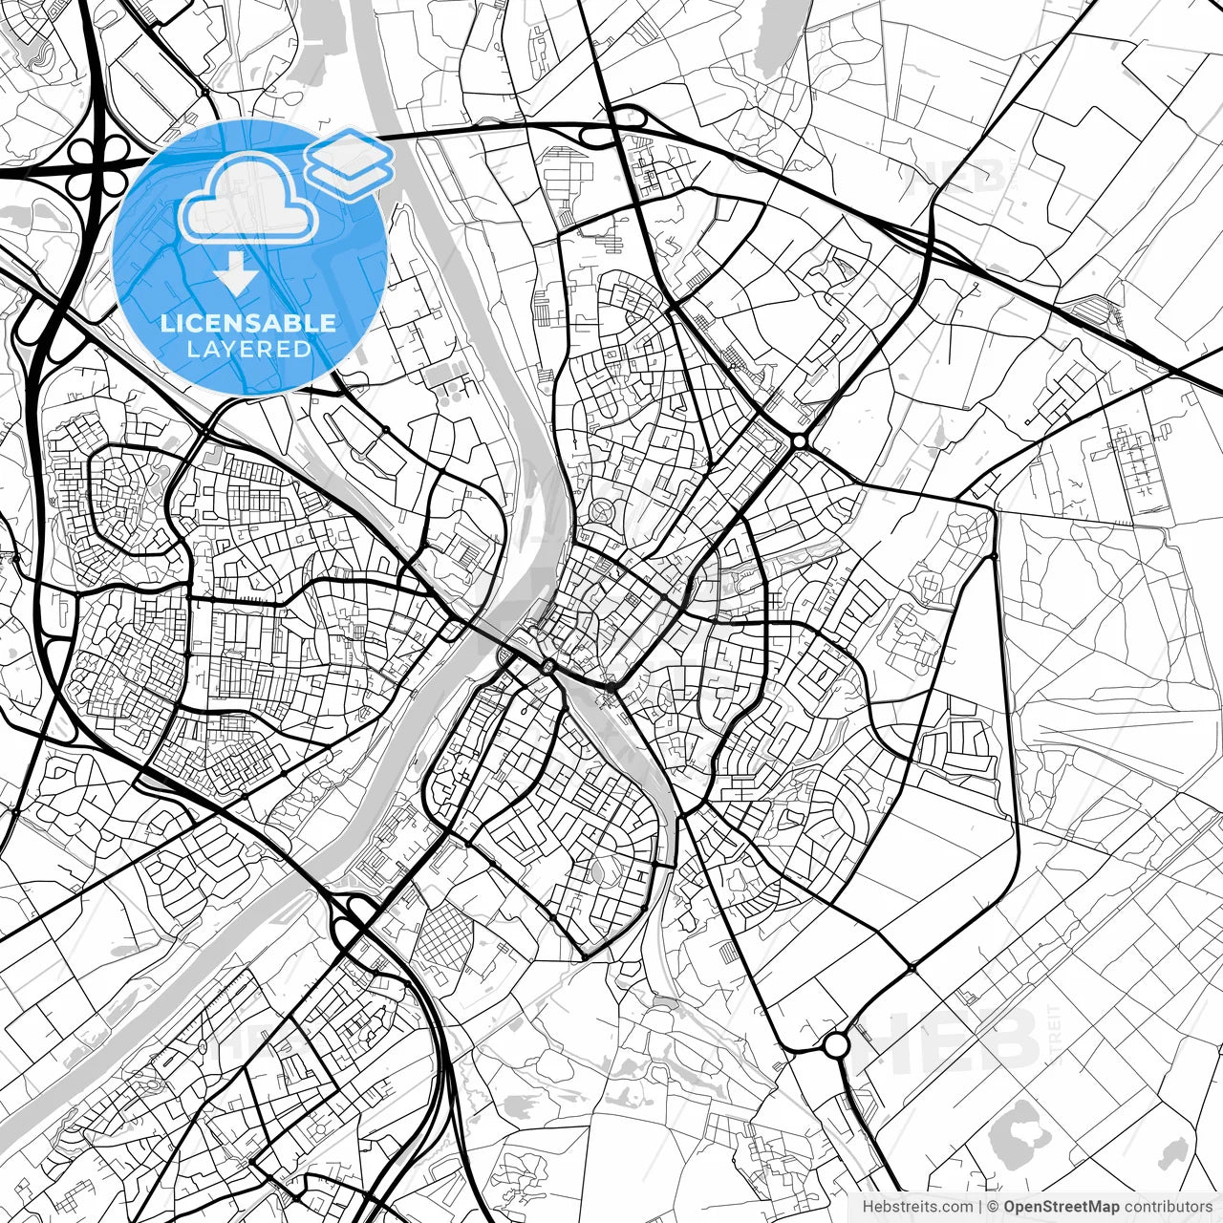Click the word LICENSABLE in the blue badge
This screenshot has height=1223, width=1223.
(x=248, y=323)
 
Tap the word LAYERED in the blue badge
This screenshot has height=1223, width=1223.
(x=248, y=350)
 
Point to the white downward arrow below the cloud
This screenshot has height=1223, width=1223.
(x=235, y=273)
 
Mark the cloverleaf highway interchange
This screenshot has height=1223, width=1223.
(x=100, y=162)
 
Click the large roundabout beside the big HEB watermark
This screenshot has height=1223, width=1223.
(x=836, y=1044)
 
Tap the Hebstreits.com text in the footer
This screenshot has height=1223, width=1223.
(x=917, y=1207)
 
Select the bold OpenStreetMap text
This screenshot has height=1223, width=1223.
(x=1061, y=1207)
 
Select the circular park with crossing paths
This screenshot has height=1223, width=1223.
(x=603, y=512)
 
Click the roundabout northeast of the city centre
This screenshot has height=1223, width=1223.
(x=799, y=441)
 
